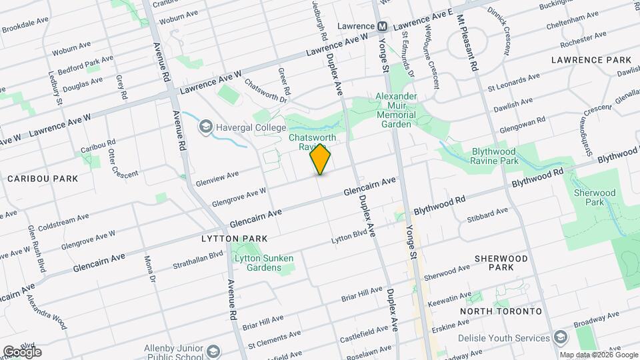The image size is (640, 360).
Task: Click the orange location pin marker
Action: click(x=321, y=159)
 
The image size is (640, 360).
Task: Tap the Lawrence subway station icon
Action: click(x=383, y=26)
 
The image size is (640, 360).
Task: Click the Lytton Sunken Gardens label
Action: click(x=265, y=263)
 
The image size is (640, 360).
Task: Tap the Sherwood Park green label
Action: click(x=589, y=197)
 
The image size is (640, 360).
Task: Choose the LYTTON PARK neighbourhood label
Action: click(x=234, y=238)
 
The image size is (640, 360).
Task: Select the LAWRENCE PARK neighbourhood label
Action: click(x=591, y=60)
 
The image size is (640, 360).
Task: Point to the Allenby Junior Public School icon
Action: click(x=213, y=351)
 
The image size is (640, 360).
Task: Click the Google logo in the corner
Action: click(x=21, y=351)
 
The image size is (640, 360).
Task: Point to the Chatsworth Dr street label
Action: click(x=265, y=92)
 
